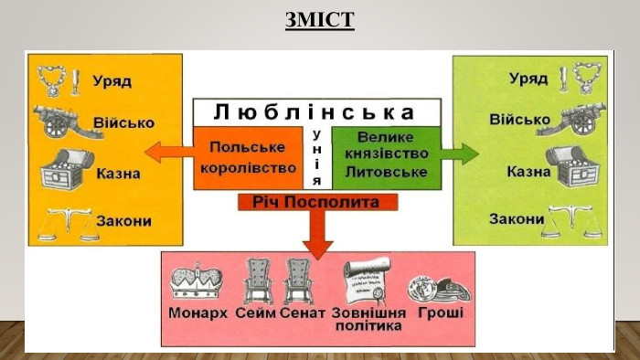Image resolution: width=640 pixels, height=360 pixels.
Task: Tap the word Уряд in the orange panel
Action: pos(112,81)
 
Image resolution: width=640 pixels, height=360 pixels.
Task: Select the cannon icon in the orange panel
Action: pos(60,121)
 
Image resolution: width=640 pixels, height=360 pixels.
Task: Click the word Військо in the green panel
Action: pos(518,120)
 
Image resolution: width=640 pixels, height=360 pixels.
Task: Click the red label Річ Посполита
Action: pos(316,201)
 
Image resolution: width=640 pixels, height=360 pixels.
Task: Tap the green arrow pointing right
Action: pos(462,153)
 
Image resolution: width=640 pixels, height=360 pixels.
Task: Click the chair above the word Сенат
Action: pos(300,281)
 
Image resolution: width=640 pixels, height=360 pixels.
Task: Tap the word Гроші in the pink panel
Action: pos(441,313)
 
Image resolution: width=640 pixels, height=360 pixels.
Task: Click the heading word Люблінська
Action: pos(315,112)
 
